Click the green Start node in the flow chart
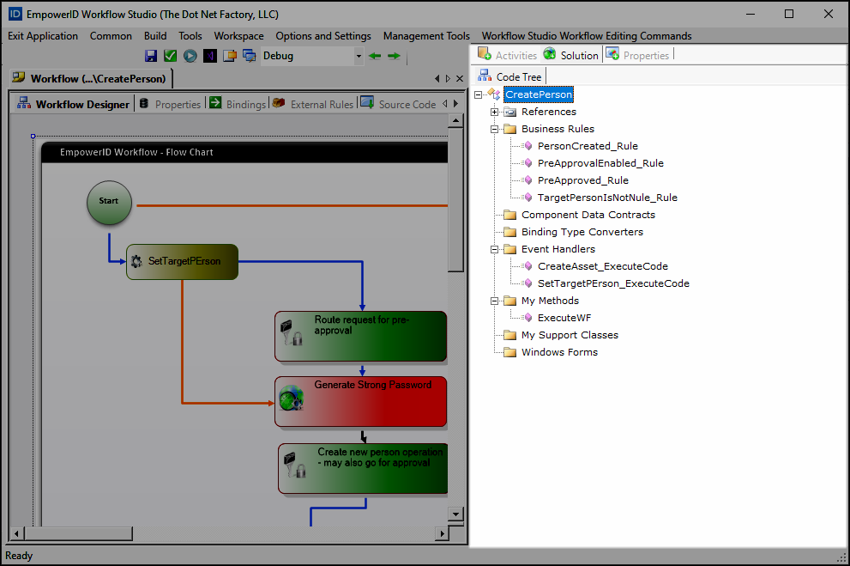coord(109,203)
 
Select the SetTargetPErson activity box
coord(182,261)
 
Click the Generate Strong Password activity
coord(361,401)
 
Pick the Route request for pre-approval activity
coord(361,336)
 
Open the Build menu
coord(155,36)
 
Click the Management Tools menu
coord(426,36)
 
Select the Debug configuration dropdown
coord(312,56)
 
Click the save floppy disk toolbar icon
coord(151,56)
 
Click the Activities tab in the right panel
coord(508,55)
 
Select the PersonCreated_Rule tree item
coord(588,146)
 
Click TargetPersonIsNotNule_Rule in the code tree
coord(607,198)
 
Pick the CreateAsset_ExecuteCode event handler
coord(602,266)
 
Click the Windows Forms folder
coord(559,352)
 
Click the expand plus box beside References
coord(495,112)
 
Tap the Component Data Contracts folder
coord(588,215)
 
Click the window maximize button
coord(789,14)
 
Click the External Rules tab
coord(313,104)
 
